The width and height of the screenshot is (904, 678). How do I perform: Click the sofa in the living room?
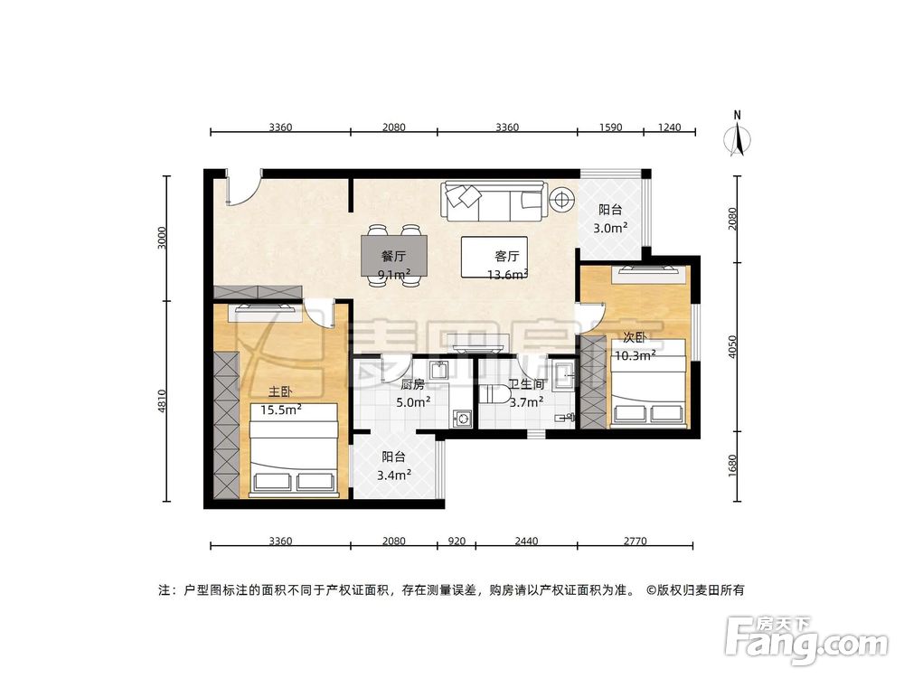pos(493,202)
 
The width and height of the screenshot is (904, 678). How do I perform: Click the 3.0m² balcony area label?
pos(610,228)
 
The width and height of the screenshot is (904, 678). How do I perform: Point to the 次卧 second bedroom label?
pos(634,337)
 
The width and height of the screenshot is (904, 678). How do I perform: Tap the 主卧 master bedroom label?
pos(279,392)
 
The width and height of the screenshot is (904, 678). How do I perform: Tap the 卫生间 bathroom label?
pos(525,384)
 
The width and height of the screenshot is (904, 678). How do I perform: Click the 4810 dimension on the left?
pos(162,400)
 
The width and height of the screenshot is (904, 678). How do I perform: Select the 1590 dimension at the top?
pos(610,127)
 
